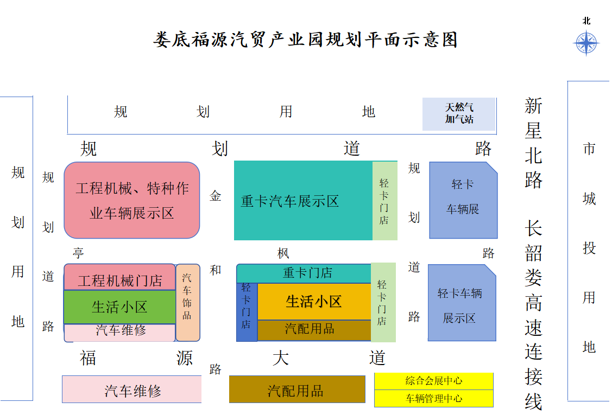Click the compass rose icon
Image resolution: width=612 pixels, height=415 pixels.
pos(586,43)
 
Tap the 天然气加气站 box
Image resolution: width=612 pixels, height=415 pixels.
pos(459,114)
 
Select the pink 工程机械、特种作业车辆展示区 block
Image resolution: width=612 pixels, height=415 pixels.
pos(132,200)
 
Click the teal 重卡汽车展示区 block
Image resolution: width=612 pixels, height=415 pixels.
pos(303,201)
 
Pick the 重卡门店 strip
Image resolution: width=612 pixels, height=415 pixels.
pos(304,273)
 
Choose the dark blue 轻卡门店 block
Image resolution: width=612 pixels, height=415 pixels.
pos(247,312)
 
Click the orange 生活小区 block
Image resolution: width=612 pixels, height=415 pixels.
pos(314,302)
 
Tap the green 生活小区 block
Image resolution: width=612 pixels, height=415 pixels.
pos(120,307)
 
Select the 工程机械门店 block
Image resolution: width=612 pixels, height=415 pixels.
pos(120,277)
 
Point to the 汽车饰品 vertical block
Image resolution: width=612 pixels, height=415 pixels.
pos(188,303)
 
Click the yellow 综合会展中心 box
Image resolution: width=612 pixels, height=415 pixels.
pos(434,381)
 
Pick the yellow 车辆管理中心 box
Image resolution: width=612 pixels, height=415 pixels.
pos(434,398)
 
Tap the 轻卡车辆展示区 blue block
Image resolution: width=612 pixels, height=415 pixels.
pos(462,303)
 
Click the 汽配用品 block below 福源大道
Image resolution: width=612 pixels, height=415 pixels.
pos(297,390)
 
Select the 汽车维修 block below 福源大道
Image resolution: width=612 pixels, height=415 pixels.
pos(132,390)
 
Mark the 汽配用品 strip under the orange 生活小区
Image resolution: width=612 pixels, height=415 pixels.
pos(314,330)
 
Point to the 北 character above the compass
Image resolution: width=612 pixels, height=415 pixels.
pos(586,21)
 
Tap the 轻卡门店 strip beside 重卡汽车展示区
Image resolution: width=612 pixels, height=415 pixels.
pos(385,201)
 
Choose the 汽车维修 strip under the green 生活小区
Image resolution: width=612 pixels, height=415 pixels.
pos(119,332)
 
